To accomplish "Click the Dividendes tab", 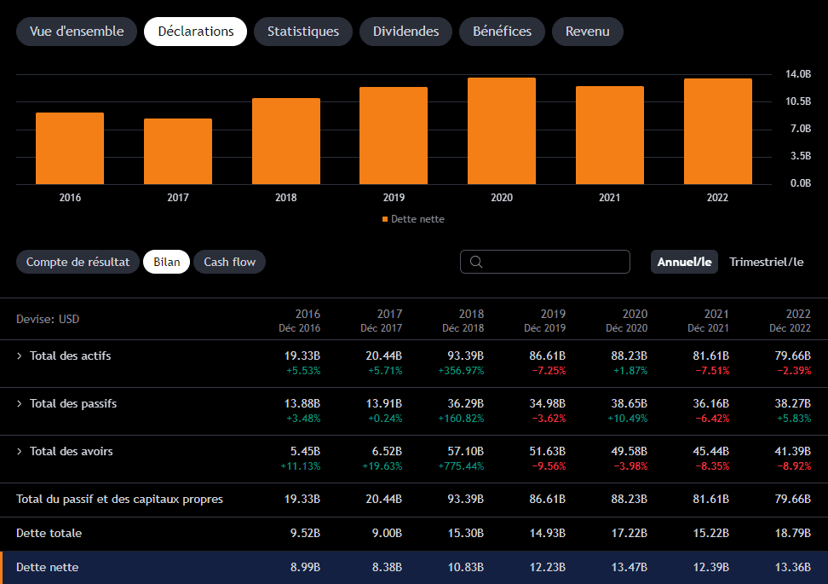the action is (405, 32).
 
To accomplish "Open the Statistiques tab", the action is (303, 32).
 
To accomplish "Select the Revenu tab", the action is (587, 32).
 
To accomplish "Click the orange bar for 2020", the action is (502, 131).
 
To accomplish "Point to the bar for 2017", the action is (178, 151).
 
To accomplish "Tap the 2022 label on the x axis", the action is (717, 198).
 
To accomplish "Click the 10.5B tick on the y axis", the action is (798, 101).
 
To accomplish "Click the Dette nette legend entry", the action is (413, 219).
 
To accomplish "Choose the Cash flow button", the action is (229, 262).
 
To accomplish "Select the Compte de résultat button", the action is (78, 262).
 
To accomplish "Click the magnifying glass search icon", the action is (476, 262).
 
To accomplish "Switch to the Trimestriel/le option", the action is (766, 262).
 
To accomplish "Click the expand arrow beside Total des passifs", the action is (19, 404).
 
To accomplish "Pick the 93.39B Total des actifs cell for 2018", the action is (465, 356).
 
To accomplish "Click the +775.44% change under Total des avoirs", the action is (461, 466).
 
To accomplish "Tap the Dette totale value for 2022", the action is (792, 533).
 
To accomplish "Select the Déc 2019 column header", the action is (544, 328).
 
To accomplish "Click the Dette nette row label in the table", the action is (48, 568).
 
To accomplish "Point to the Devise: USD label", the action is (48, 319).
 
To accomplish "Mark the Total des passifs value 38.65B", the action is (629, 404).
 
